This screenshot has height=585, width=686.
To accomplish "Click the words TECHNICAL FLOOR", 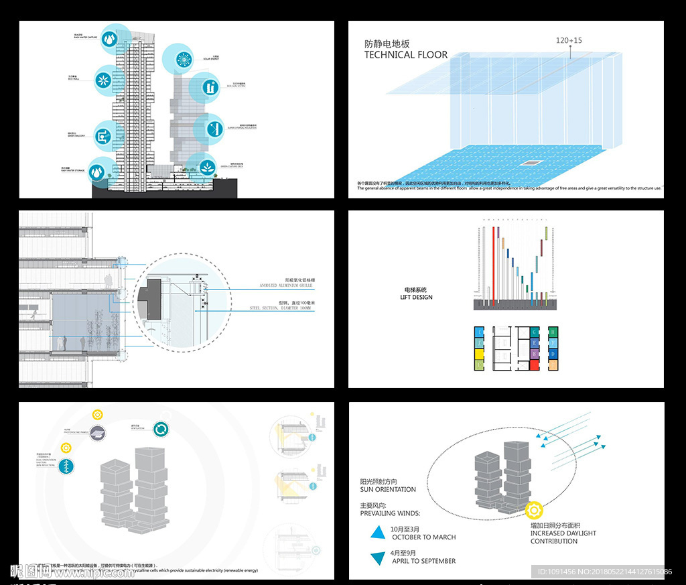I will coord(406,55).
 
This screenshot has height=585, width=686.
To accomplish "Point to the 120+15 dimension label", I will coord(569,41).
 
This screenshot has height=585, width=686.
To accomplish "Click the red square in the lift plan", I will coord(534,365).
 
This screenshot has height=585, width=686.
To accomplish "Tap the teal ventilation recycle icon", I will coord(161,430).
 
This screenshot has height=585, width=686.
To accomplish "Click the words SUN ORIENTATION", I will coord(388,489).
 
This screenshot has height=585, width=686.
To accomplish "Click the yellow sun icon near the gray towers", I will coord(534,511).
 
